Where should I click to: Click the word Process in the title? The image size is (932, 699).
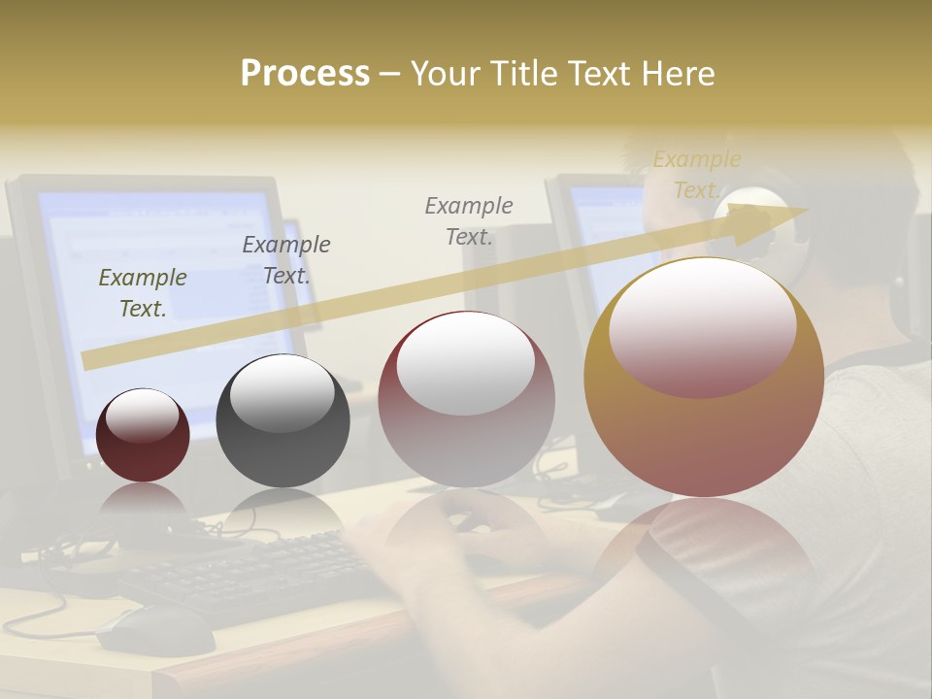tap(305, 73)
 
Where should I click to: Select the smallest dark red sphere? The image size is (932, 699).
tap(143, 435)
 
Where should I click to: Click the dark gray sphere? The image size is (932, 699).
tap(283, 420)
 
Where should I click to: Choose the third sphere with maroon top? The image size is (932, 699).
tap(466, 399)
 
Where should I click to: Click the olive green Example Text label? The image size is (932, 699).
tap(143, 292)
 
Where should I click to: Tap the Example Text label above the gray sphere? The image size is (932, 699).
tap(286, 259)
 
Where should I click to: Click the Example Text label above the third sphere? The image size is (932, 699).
tap(469, 220)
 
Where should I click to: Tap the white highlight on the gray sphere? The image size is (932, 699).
tap(282, 393)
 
